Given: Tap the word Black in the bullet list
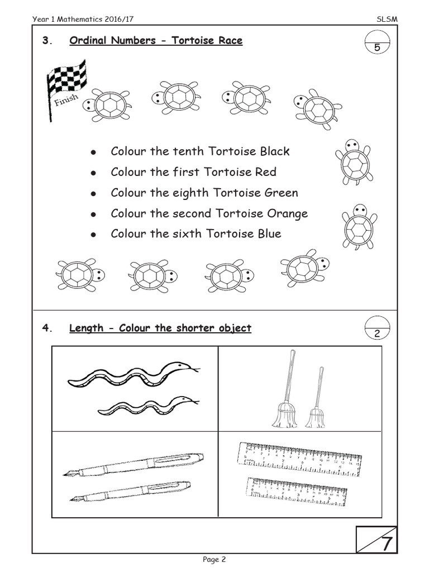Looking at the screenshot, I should (271, 151).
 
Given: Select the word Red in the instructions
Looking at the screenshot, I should (265, 172).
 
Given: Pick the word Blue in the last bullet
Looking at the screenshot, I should (269, 233).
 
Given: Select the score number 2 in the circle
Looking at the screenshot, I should (377, 333).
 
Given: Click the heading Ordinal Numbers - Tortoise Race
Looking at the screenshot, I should (156, 41).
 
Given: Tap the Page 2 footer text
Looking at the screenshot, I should (214, 559).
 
